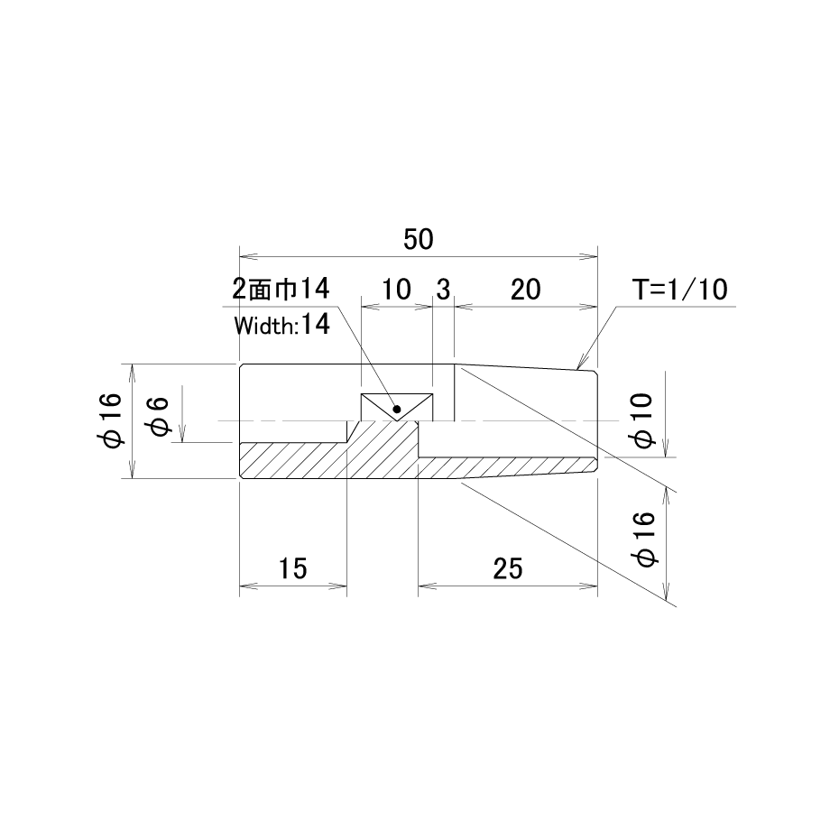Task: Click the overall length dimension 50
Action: point(419,239)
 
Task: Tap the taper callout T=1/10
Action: point(679,290)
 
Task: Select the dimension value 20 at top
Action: point(526,290)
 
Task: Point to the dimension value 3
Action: point(443,290)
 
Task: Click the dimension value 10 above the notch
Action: point(396,290)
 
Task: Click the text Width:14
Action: point(282,325)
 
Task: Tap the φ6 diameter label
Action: point(160,417)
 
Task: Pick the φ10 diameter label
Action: point(641,420)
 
